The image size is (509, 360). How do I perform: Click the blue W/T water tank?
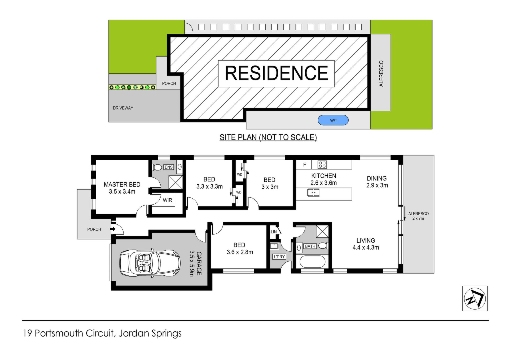click(333, 120)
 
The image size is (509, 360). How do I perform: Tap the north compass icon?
click(475, 298)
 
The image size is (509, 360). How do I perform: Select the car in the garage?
click(150, 264)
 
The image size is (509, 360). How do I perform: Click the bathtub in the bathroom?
click(312, 262)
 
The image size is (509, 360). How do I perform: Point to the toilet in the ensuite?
click(157, 167)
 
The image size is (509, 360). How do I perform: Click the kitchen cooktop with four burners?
click(322, 164)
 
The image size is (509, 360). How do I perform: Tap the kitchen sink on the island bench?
click(314, 192)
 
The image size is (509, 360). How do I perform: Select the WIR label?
click(168, 200)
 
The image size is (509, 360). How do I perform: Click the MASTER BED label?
click(122, 184)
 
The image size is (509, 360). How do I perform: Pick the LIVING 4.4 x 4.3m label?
click(366, 244)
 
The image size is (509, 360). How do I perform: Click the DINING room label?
click(377, 178)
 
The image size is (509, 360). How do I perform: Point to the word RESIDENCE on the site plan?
click(277, 73)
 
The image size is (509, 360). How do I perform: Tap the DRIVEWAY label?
click(123, 108)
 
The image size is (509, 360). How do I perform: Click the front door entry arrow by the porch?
click(113, 229)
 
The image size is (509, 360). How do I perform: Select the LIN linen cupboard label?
click(274, 232)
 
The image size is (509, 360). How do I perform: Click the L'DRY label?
click(279, 257)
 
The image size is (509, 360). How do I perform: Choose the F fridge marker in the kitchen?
click(305, 165)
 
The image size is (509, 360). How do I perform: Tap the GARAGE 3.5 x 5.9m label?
click(195, 264)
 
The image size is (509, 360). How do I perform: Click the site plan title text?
click(268, 137)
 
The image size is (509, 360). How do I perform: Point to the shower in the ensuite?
click(175, 182)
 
